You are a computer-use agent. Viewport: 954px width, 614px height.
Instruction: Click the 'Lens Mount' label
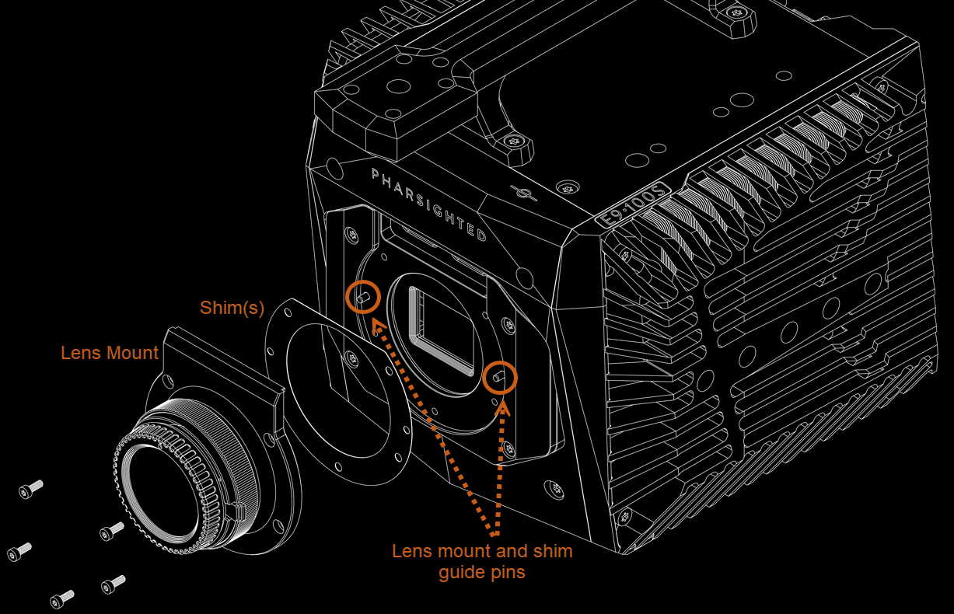(110, 353)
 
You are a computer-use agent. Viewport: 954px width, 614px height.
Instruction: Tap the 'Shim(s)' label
(232, 308)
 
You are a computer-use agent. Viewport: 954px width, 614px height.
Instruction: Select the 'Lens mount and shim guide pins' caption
(482, 562)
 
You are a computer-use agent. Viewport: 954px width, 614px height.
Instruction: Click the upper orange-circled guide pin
(363, 297)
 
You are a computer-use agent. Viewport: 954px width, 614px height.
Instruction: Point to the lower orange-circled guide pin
(498, 376)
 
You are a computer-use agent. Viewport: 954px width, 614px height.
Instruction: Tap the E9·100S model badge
(633, 205)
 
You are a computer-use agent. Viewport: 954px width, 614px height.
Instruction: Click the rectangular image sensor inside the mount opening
(442, 330)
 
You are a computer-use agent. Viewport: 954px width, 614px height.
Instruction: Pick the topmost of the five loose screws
(30, 489)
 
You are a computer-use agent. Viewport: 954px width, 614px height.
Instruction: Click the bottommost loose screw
(61, 599)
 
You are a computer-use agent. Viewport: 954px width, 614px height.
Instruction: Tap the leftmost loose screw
(19, 552)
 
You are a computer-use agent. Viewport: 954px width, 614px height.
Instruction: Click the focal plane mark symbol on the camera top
(523, 194)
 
